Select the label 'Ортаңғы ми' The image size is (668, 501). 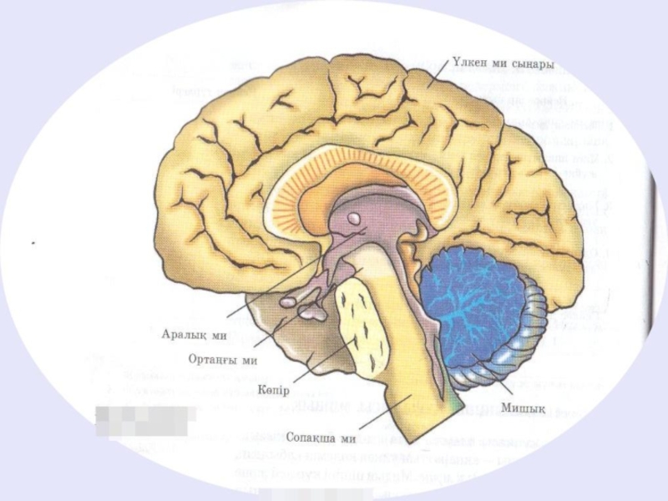[222, 361]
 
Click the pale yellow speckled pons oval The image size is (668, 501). [361, 321]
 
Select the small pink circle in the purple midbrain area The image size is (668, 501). [354, 219]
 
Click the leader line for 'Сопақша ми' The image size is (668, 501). [384, 413]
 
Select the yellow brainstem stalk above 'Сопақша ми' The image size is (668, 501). [409, 359]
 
